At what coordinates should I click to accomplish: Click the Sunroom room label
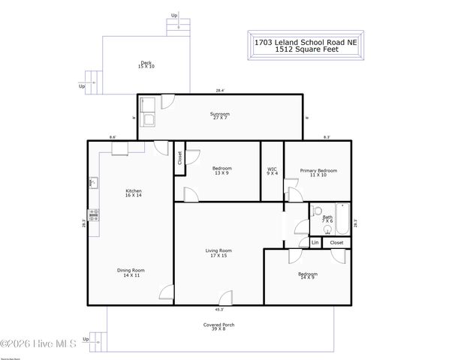(x=219, y=115)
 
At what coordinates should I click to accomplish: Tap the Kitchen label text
(x=134, y=193)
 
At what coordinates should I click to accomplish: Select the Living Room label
(x=218, y=253)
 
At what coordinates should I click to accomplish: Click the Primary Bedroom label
(x=318, y=172)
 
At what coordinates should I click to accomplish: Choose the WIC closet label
(x=272, y=171)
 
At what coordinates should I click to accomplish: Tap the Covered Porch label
(x=219, y=326)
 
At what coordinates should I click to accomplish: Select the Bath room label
(x=327, y=219)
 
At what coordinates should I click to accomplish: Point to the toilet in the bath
(x=317, y=211)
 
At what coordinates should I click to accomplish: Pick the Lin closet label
(x=315, y=242)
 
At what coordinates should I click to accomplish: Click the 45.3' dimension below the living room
(x=218, y=309)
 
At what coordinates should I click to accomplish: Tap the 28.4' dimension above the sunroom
(x=220, y=91)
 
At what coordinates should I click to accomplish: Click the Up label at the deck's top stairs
(x=174, y=15)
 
